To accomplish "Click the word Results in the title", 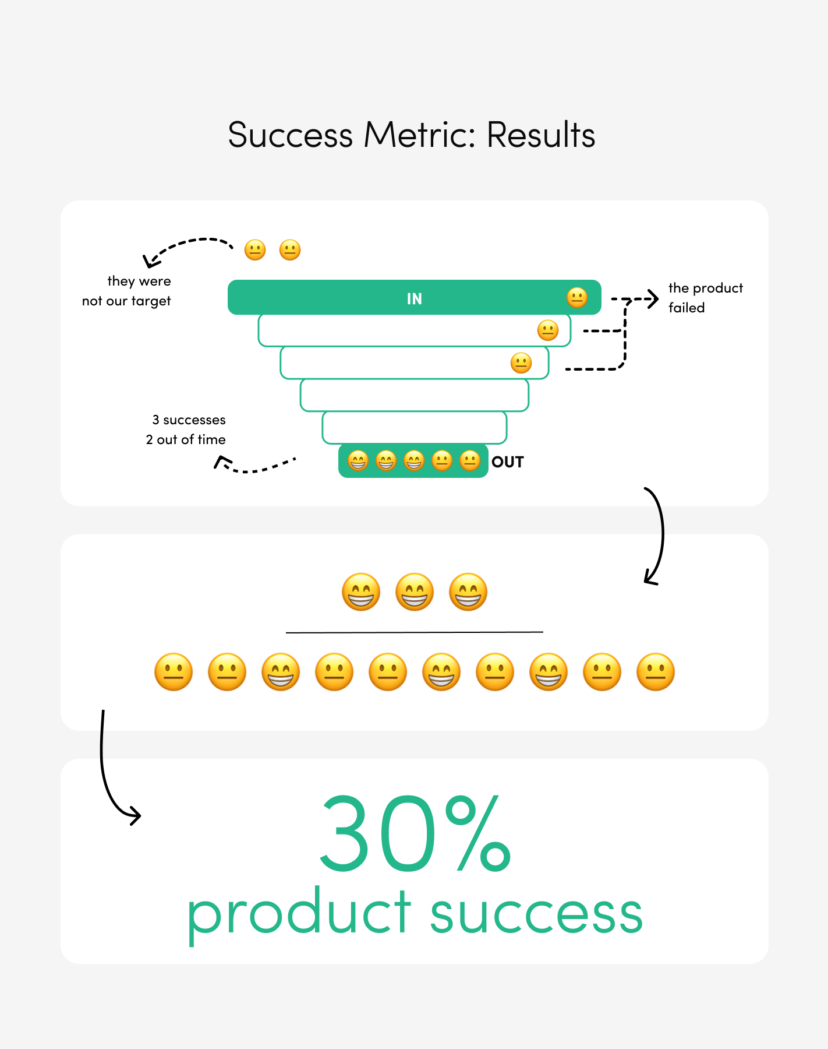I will (540, 135).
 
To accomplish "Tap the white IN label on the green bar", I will (414, 299).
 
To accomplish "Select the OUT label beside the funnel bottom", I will (508, 462).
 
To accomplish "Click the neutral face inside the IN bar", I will (577, 298).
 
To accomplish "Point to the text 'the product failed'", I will (705, 298).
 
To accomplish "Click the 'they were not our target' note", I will (127, 291).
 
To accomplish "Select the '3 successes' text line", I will (189, 420).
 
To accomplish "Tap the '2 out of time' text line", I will (186, 440).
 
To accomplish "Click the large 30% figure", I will (415, 833).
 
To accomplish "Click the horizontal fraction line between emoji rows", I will (414, 632).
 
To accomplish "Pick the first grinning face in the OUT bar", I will (358, 461).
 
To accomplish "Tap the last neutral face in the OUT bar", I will (470, 461).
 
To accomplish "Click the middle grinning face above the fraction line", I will (415, 592).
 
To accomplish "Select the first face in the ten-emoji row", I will (174, 672).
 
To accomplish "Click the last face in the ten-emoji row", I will (656, 672).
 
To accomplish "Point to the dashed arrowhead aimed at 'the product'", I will (654, 299).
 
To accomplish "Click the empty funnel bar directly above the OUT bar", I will (414, 427).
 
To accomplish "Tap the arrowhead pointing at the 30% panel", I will (136, 816).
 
